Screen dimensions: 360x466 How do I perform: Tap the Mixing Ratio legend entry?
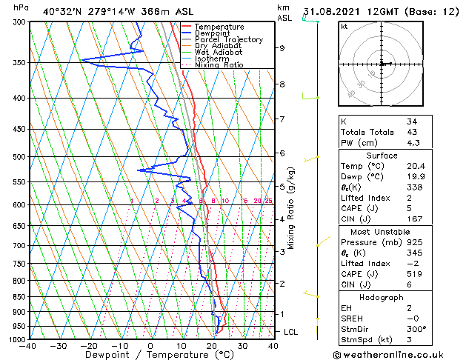click(x=219, y=65)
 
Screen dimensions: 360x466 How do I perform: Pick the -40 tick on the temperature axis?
click(x=28, y=346)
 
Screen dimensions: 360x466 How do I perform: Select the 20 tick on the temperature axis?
click(x=211, y=346)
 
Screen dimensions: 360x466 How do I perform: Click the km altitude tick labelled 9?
click(x=282, y=48)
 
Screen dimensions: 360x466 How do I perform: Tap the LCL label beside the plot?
click(x=291, y=332)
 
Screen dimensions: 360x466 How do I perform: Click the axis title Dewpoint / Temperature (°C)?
click(x=150, y=355)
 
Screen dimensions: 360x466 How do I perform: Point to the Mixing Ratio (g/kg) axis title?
click(x=292, y=207)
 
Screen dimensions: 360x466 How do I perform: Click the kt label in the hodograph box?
click(x=344, y=26)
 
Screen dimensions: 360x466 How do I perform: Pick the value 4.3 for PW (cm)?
click(x=413, y=143)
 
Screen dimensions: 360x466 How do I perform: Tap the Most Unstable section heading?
click(x=381, y=231)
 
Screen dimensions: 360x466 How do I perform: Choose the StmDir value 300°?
click(x=416, y=329)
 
